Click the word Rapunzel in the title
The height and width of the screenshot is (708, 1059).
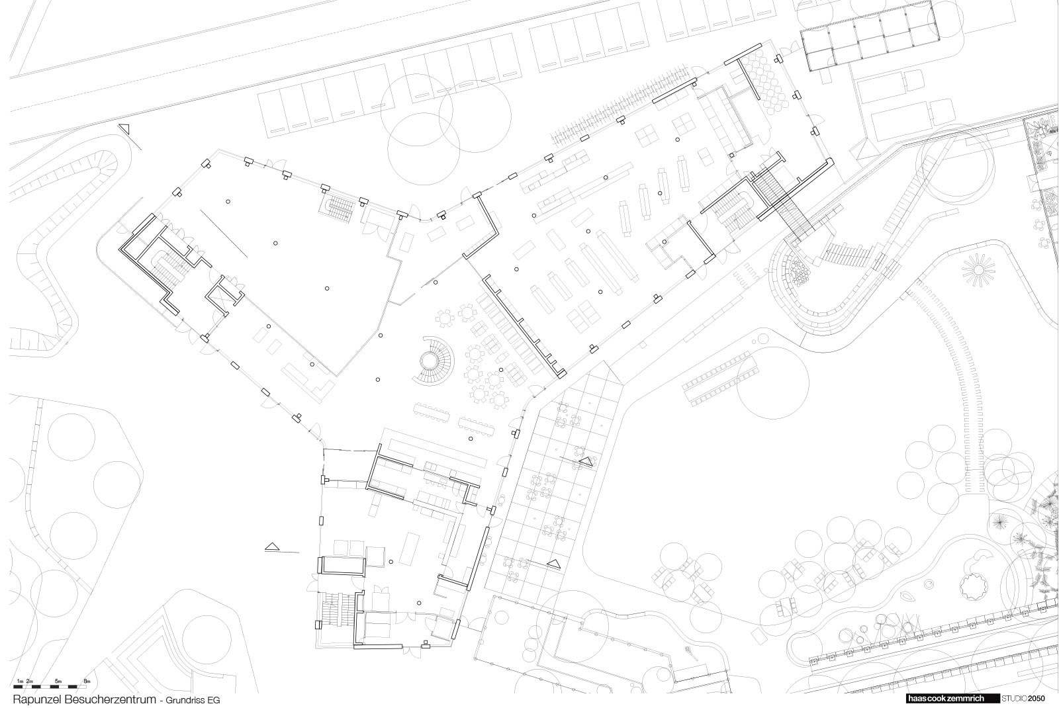point(37,699)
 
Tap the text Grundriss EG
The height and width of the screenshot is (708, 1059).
point(193,701)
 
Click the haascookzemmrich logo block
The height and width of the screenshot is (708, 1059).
point(952,699)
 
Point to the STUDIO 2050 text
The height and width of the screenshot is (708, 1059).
point(1023,699)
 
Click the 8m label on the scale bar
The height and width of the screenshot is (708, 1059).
point(87,681)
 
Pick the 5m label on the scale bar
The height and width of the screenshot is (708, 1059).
point(58,681)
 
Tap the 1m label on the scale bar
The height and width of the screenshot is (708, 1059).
point(20,681)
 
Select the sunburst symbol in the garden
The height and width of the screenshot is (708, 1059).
point(978,270)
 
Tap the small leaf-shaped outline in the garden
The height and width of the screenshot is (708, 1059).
point(907,596)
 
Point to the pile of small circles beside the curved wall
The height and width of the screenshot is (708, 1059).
point(799,273)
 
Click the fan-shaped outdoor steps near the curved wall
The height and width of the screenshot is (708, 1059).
point(848,255)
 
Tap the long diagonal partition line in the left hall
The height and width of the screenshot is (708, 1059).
point(224,234)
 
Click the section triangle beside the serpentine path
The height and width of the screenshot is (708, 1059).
point(125,128)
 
